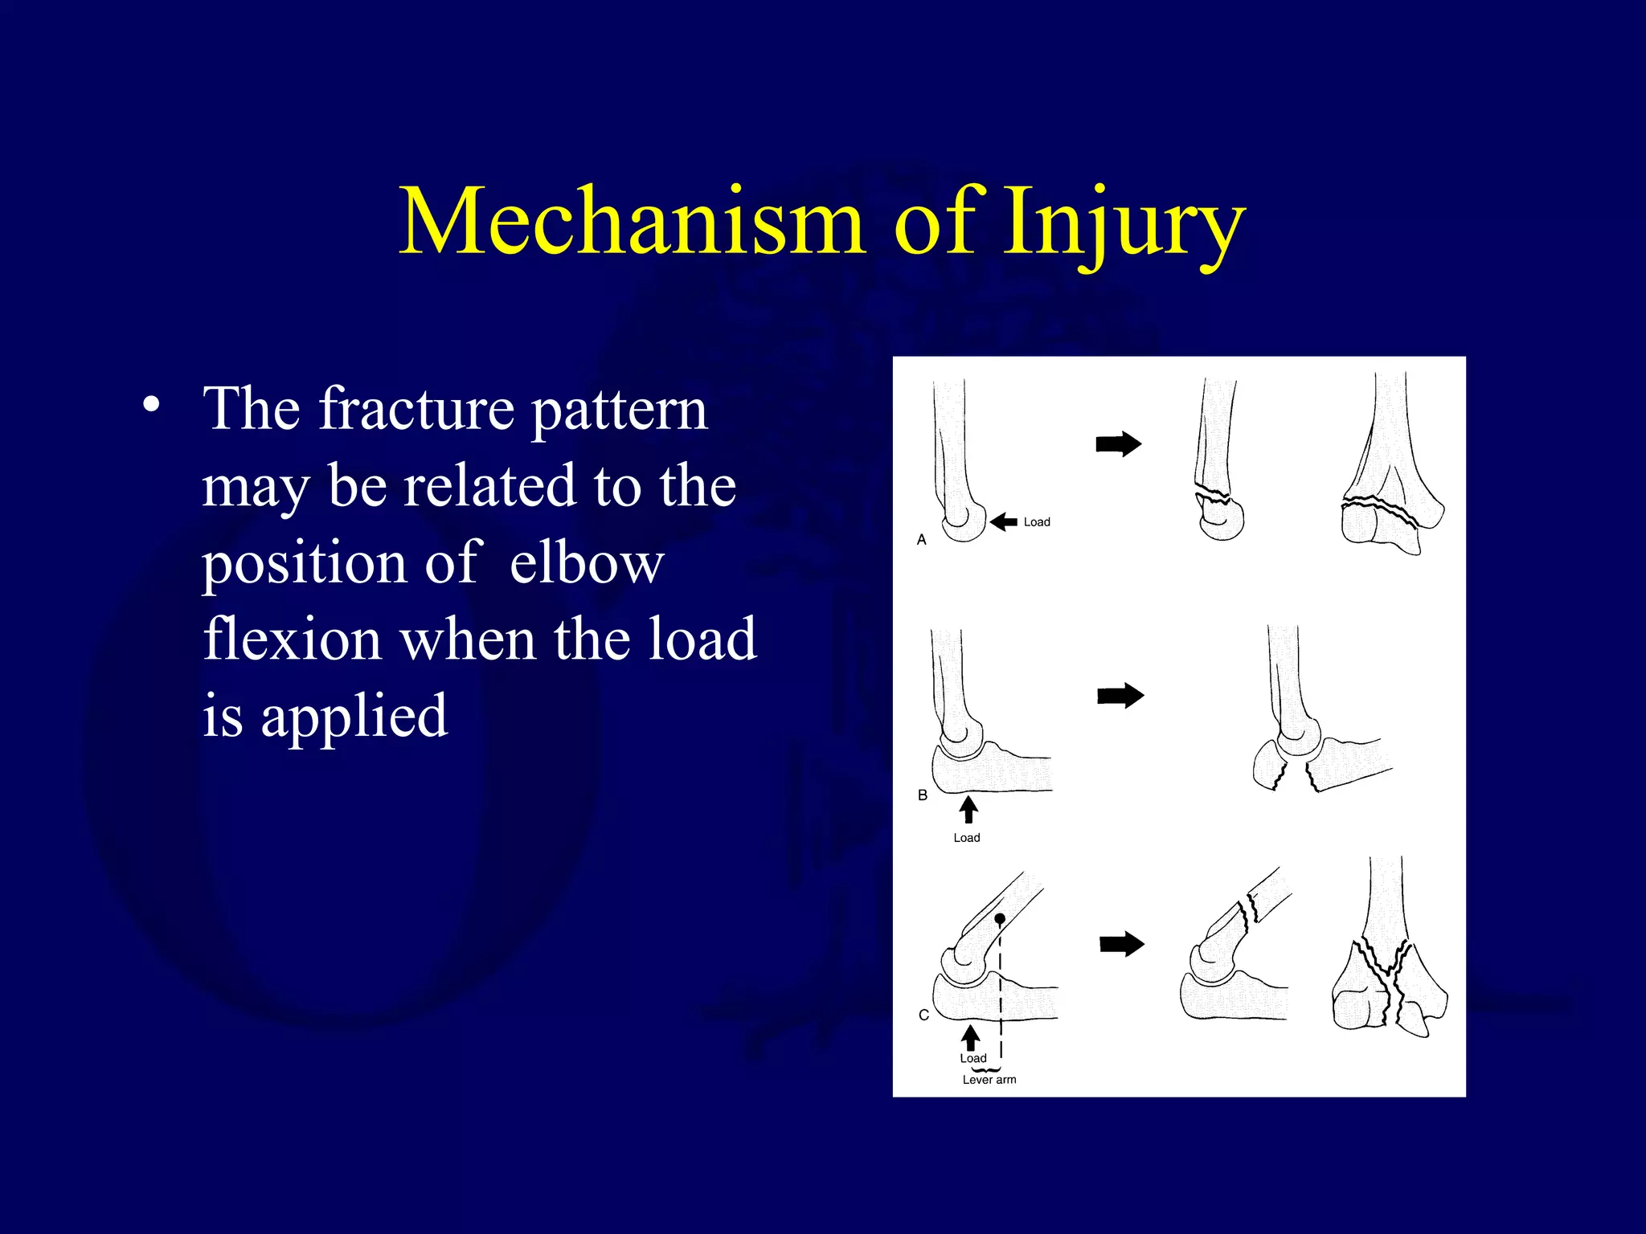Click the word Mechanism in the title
(632, 222)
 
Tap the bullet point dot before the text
(151, 404)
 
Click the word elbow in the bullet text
(587, 563)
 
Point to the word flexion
(292, 640)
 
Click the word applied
(354, 717)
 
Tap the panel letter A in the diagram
(922, 540)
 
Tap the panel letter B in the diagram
(923, 795)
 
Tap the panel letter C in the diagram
(923, 1015)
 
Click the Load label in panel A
(1037, 522)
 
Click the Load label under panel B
(967, 838)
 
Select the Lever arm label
(989, 1080)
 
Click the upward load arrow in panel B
(969, 809)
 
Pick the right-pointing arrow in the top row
(1119, 444)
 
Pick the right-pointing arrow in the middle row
(1120, 696)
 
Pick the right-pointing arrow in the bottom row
(1122, 944)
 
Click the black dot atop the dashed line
(1000, 918)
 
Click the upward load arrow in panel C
(971, 1037)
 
